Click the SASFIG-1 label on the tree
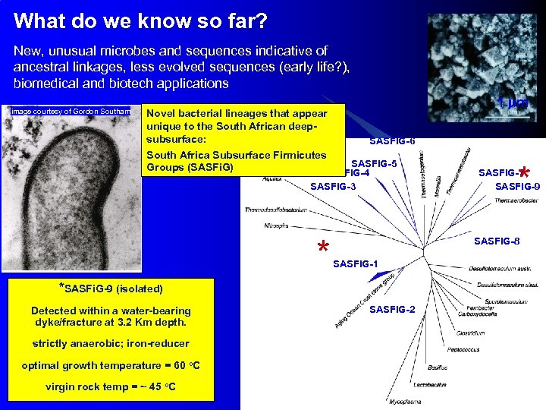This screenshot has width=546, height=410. pos(356,263)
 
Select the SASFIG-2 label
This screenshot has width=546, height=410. pos(392,309)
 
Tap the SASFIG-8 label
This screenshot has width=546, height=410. pos(497,241)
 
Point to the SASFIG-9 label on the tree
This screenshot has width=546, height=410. pos(517,186)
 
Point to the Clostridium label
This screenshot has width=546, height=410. pos(481,333)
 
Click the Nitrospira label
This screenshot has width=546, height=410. pos(276,225)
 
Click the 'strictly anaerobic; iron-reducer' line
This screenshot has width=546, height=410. pos(111,343)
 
